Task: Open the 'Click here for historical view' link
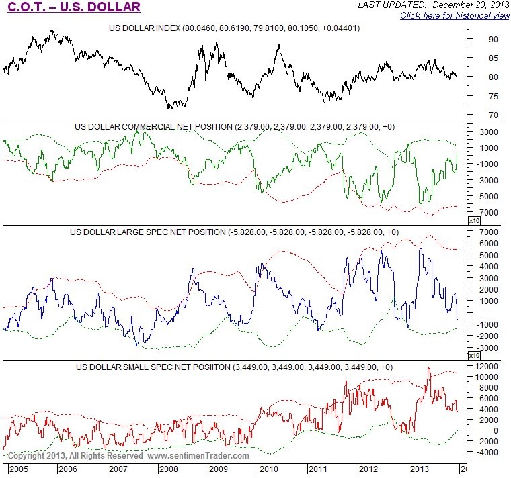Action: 455,15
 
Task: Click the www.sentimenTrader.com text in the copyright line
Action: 198,456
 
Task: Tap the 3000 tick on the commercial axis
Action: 485,132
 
